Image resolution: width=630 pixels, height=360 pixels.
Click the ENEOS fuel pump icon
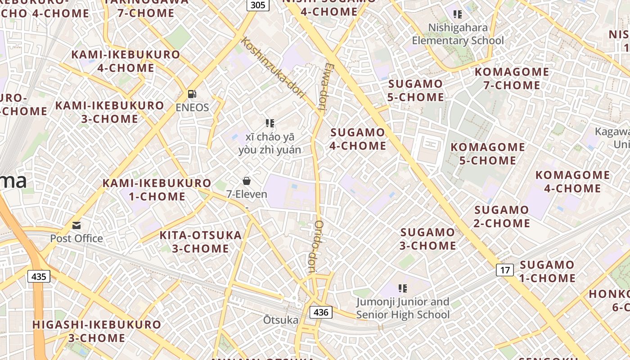point(192,94)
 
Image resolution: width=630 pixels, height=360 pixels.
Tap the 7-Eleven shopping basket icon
point(247,181)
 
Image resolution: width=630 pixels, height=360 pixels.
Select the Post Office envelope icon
point(76,225)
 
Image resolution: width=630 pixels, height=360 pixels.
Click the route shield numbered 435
point(39,276)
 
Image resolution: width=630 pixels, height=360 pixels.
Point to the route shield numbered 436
point(321,312)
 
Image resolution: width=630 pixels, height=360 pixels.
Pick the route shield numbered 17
point(505,270)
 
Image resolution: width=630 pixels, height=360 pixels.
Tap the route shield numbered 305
point(258,5)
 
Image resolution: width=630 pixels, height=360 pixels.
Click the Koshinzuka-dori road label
point(273,68)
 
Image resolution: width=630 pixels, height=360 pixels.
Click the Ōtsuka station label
point(281,320)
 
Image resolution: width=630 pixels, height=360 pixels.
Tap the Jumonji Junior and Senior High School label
point(403,308)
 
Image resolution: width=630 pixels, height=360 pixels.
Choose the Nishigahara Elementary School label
point(458,34)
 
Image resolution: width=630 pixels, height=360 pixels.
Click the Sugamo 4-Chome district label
point(358,139)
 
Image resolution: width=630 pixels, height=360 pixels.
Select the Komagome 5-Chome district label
point(488,153)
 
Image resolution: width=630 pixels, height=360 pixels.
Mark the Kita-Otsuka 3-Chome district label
point(201,242)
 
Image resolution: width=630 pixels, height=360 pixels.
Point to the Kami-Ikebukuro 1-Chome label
point(157,190)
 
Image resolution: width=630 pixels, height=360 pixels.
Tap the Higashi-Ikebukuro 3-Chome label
point(97,331)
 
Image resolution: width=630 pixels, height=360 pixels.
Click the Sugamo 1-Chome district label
point(547,271)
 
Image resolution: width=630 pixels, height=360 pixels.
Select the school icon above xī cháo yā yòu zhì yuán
point(270,123)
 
